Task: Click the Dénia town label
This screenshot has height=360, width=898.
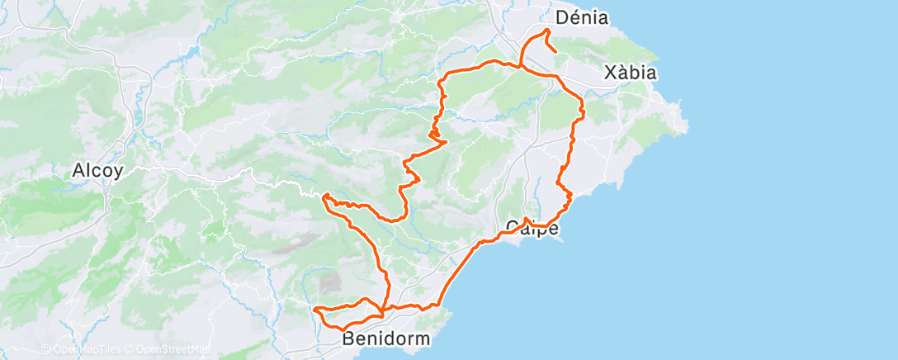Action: click(x=582, y=17)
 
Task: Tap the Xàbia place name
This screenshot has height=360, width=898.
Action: click(x=630, y=73)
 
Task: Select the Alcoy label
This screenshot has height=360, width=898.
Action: click(x=98, y=171)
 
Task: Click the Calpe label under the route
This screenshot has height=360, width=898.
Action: click(x=532, y=227)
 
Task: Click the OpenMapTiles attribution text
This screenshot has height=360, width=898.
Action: click(x=84, y=349)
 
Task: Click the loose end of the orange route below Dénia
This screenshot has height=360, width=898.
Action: click(x=555, y=53)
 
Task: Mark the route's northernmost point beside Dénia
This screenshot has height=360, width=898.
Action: click(x=546, y=30)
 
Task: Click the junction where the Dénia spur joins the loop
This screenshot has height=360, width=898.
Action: click(x=522, y=66)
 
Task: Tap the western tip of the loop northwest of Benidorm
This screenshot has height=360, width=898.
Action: click(x=315, y=309)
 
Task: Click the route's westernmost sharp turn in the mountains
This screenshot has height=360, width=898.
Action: click(x=324, y=197)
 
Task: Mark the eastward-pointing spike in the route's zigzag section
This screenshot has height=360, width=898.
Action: click(x=447, y=141)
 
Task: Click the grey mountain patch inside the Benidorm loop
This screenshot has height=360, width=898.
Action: click(x=331, y=282)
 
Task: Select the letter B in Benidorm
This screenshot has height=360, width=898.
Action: click(x=349, y=339)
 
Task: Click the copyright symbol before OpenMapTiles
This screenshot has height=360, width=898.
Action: click(x=45, y=349)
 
